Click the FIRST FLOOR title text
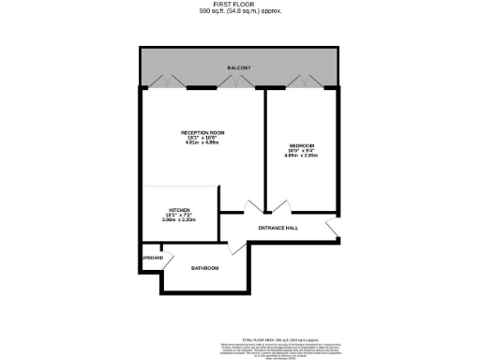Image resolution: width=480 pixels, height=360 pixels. [x=240, y=5]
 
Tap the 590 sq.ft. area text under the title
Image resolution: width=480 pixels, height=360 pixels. [x=240, y=12]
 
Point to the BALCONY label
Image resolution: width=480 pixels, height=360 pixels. [x=240, y=68]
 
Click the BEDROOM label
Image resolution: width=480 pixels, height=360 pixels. [x=301, y=145]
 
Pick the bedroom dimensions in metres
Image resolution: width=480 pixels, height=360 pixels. [x=301, y=157]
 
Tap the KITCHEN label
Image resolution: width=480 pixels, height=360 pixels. [x=179, y=210]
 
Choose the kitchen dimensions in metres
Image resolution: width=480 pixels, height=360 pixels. [x=179, y=222]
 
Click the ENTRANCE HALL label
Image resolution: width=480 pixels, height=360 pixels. [x=277, y=228]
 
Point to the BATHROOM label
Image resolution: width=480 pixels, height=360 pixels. [x=204, y=269]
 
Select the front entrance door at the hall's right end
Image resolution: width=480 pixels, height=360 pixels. [x=331, y=231]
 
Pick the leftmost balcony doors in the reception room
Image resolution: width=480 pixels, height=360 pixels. [x=159, y=82]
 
